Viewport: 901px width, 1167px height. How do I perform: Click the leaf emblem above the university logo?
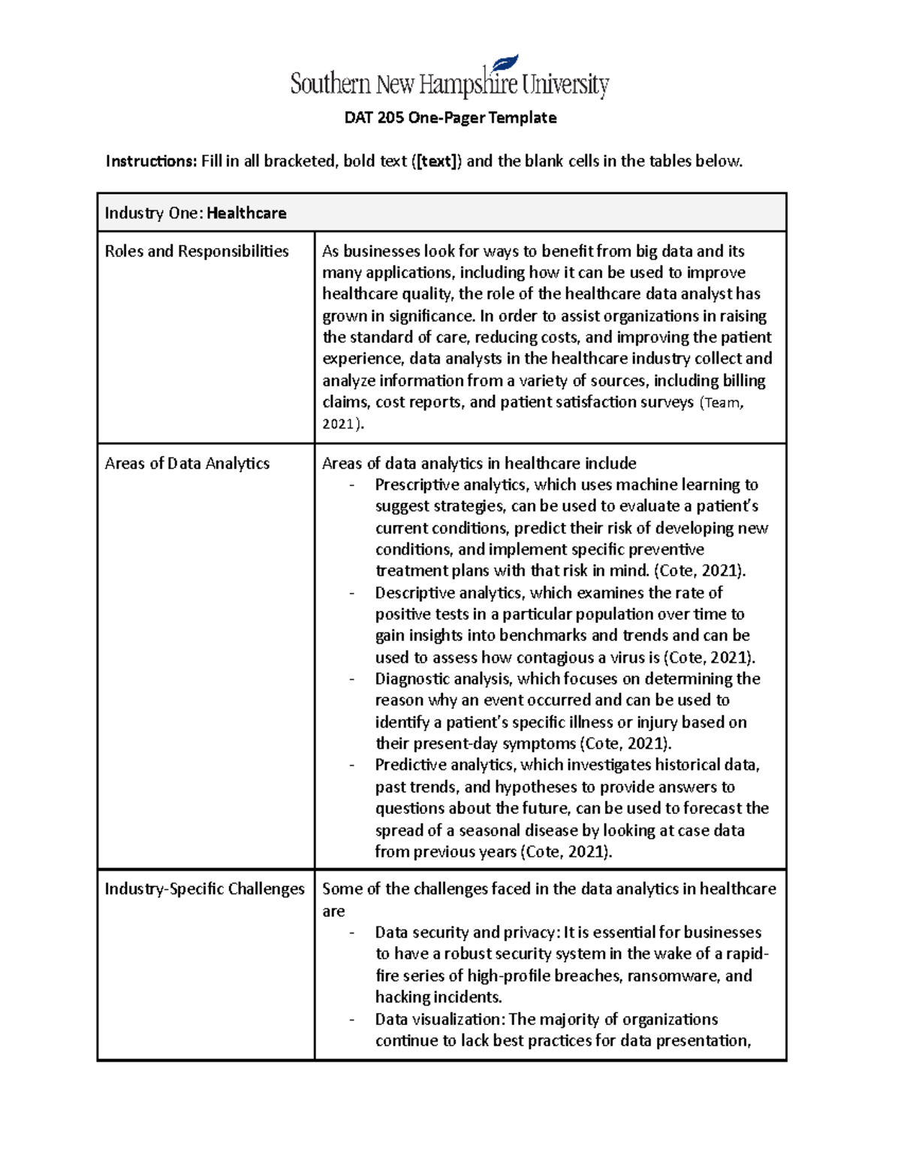coord(505,63)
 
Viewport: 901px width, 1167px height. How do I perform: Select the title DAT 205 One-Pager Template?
coord(450,118)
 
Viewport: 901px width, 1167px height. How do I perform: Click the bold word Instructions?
coord(151,162)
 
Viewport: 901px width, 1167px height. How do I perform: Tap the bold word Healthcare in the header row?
coord(246,213)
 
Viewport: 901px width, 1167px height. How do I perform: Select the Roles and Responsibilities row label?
coord(197,252)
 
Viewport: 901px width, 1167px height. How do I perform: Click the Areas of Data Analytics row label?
coord(187,464)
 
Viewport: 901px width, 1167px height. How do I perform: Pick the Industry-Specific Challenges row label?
coord(204,889)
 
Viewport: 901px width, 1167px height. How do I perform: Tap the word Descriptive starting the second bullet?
coord(414,593)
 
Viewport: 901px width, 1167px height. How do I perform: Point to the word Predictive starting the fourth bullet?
coord(411,765)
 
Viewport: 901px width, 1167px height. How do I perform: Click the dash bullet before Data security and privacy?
coord(351,933)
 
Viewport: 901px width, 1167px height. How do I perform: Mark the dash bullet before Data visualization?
coord(351,1020)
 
